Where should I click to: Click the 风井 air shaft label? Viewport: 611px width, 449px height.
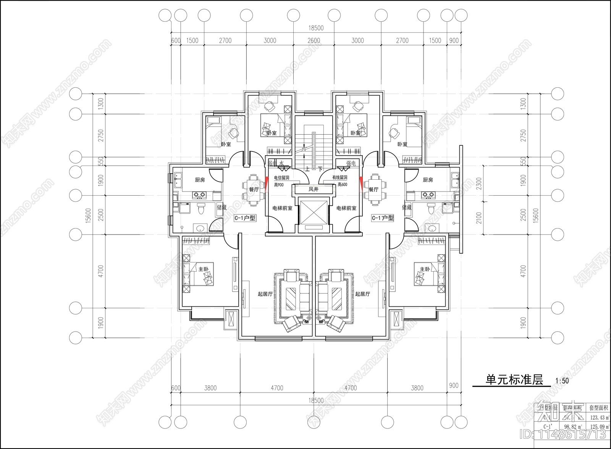313,189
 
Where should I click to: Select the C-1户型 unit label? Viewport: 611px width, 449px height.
245,218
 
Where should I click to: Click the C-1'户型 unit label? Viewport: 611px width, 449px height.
383,218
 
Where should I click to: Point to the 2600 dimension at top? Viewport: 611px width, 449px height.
314,40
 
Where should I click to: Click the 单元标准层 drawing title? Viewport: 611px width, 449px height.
514,380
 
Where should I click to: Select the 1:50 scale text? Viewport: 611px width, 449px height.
562,381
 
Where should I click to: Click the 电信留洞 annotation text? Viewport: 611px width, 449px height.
281,178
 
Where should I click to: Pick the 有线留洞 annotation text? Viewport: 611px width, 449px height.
339,178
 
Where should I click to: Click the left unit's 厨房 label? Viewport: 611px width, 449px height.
200,180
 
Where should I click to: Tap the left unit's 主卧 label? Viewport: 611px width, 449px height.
203,269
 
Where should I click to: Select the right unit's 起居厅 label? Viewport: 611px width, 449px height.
362,294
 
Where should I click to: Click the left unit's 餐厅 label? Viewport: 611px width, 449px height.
254,189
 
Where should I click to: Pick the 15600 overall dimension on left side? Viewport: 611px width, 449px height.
88,216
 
